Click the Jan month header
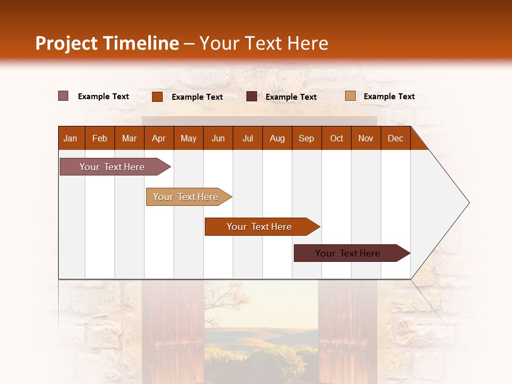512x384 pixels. click(71, 138)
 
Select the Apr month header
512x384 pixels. click(159, 138)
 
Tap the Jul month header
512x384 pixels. click(247, 138)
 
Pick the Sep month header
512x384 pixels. click(307, 138)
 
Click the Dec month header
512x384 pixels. click(395, 138)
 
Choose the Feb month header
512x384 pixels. click(100, 138)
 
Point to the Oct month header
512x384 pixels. click(337, 138)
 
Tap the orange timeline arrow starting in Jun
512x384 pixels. click(260, 227)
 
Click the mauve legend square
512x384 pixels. click(63, 96)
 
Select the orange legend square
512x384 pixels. click(157, 97)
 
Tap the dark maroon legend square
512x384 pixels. click(252, 97)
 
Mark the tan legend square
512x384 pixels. click(350, 96)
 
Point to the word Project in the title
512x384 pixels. click(66, 43)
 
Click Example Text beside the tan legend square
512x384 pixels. click(389, 97)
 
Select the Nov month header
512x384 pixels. click(366, 138)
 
